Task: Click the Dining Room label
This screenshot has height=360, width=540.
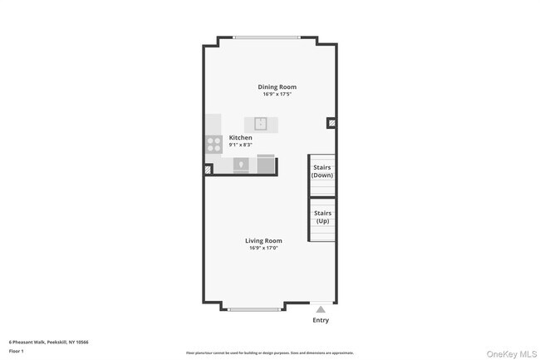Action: pyautogui.click(x=277, y=86)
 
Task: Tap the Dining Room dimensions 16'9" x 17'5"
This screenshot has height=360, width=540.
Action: pyautogui.click(x=277, y=94)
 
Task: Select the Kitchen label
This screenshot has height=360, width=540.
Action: pyautogui.click(x=241, y=137)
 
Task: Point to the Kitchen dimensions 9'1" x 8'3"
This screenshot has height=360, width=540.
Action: pyautogui.click(x=241, y=145)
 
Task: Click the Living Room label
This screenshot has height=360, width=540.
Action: pyautogui.click(x=263, y=240)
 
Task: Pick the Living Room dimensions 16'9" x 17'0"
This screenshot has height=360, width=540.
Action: pyautogui.click(x=263, y=248)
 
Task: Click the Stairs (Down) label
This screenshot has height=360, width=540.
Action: pyautogui.click(x=322, y=172)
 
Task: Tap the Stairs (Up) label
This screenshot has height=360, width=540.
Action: pyautogui.click(x=322, y=217)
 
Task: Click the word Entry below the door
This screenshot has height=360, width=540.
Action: pyautogui.click(x=321, y=320)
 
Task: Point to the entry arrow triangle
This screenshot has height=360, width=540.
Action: pyautogui.click(x=321, y=308)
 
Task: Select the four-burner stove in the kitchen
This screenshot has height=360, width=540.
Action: pyautogui.click(x=214, y=144)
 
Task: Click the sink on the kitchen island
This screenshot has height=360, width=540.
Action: pyautogui.click(x=260, y=124)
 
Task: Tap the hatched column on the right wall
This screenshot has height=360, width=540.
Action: pyautogui.click(x=331, y=123)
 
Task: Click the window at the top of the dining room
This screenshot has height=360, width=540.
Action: pyautogui.click(x=267, y=37)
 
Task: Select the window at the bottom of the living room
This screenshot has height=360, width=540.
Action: pyautogui.click(x=253, y=309)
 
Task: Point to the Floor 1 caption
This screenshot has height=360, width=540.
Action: pyautogui.click(x=17, y=351)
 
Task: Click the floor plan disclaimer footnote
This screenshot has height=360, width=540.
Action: pyautogui.click(x=269, y=353)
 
